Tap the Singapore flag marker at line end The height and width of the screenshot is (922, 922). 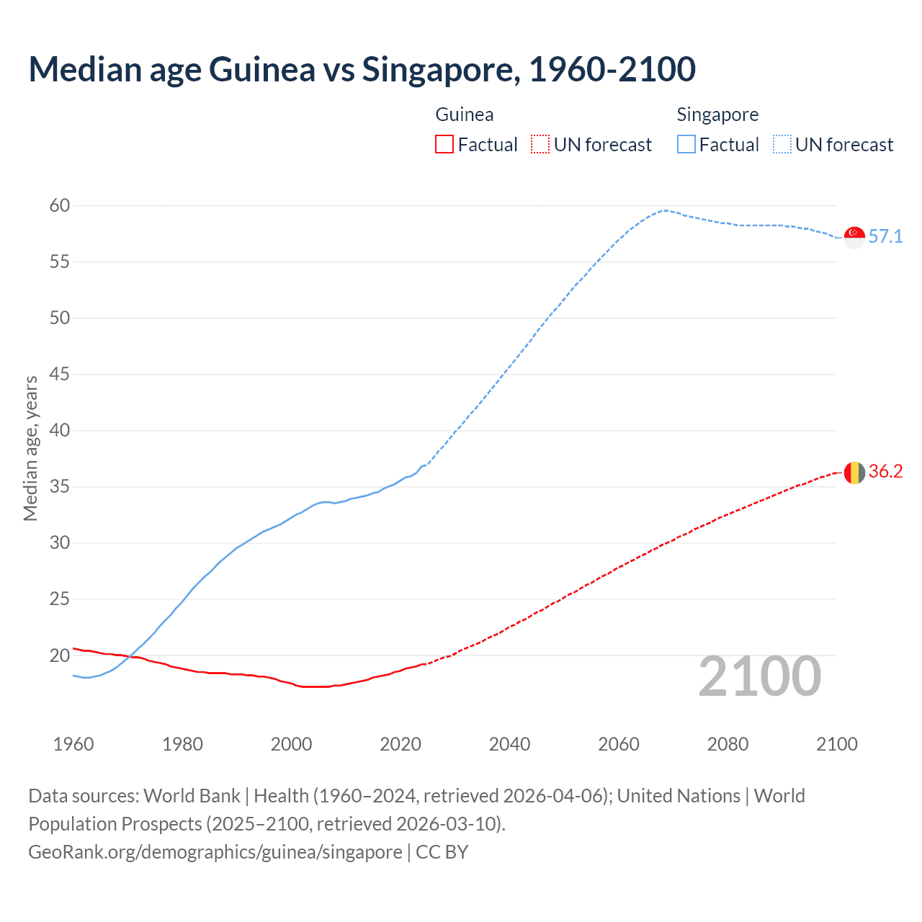pyautogui.click(x=854, y=237)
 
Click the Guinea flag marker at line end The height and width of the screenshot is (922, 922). pyautogui.click(x=854, y=473)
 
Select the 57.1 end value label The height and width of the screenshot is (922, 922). pyautogui.click(x=885, y=237)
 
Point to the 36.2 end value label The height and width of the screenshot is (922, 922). pyautogui.click(x=885, y=472)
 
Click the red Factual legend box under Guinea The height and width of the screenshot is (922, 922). pyautogui.click(x=444, y=145)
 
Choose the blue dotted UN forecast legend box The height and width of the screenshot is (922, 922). pyautogui.click(x=782, y=145)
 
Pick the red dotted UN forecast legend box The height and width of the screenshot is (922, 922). pyautogui.click(x=540, y=145)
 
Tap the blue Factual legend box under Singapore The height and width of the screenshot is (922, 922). pyautogui.click(x=686, y=145)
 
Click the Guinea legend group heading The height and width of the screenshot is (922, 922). pyautogui.click(x=465, y=115)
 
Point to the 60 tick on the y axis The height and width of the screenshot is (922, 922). pyautogui.click(x=60, y=206)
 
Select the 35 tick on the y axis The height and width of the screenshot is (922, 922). pyautogui.click(x=60, y=487)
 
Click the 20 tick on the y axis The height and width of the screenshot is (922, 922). pyautogui.click(x=60, y=655)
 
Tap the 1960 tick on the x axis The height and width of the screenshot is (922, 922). pyautogui.click(x=73, y=744)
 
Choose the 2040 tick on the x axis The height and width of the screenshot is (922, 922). pyautogui.click(x=509, y=744)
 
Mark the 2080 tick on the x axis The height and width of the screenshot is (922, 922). pyautogui.click(x=728, y=744)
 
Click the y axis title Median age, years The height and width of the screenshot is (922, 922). pyautogui.click(x=30, y=448)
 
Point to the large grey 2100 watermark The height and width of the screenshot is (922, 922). pyautogui.click(x=759, y=676)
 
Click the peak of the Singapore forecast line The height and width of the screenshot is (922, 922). pyautogui.click(x=664, y=210)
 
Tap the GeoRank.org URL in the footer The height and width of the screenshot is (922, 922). pyautogui.click(x=215, y=852)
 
